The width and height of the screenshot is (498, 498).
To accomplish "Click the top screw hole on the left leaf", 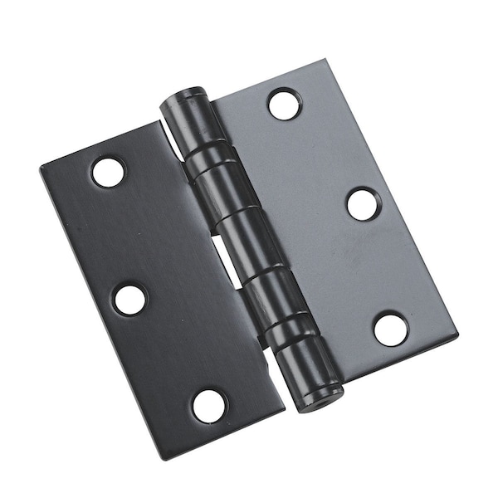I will (108, 172).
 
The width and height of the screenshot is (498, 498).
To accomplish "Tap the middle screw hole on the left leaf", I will (130, 299).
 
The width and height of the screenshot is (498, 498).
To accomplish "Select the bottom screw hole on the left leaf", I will (209, 405).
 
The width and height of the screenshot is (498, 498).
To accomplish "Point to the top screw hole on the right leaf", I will (284, 104).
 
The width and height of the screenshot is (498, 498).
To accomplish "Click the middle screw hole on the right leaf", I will (364, 204).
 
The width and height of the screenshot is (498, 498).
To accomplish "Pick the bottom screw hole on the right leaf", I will (390, 329).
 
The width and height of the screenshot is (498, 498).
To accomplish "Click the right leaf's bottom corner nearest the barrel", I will (342, 382).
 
